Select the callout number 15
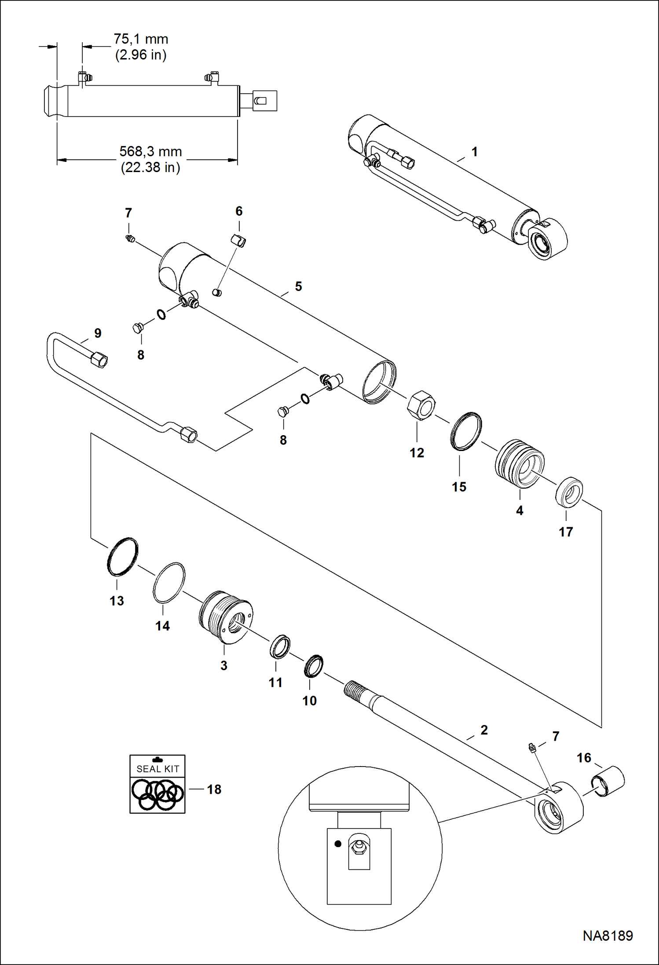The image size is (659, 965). coord(459,487)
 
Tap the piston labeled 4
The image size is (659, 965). coord(520,463)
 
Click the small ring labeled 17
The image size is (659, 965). coord(569,492)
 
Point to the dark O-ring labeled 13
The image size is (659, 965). coord(122,557)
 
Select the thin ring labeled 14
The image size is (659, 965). coord(169,583)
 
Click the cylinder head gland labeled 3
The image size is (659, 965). coord(226,617)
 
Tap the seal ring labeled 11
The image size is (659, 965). coord(280,646)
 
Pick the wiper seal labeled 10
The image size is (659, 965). coord(313,666)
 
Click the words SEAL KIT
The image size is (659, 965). coord(157,769)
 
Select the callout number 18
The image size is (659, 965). coord(214,789)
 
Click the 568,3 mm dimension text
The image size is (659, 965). coord(150,152)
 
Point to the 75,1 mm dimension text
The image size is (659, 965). coord(141,39)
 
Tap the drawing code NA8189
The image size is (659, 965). coord(608,936)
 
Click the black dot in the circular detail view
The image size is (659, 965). coord(338,844)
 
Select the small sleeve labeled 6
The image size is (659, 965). coord(238,241)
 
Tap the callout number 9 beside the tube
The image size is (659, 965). coord(98,333)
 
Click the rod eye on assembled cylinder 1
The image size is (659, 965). coord(546,240)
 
